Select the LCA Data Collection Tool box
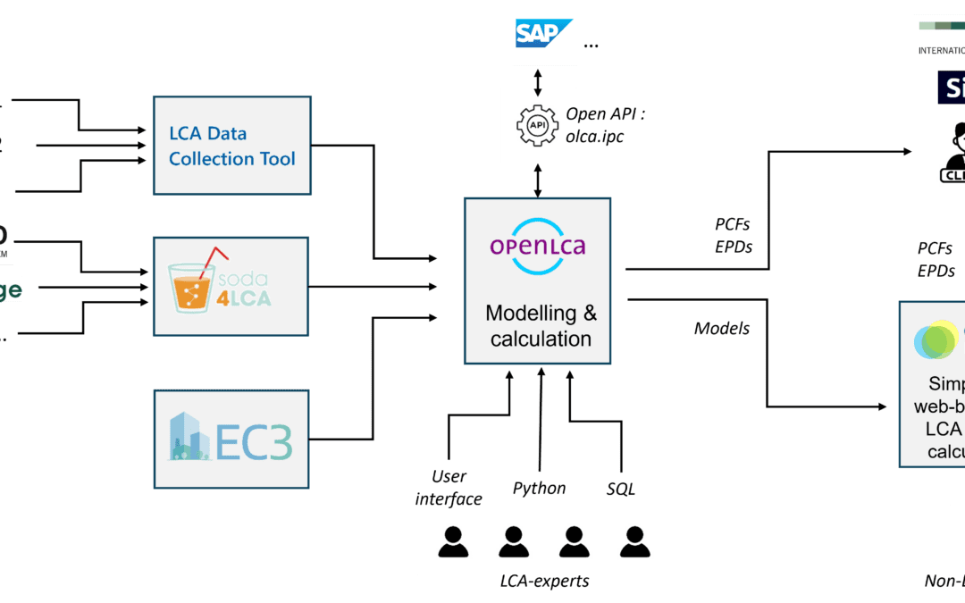[x=232, y=146]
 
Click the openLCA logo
[x=537, y=242]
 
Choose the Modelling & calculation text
[x=541, y=326]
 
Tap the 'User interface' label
[x=449, y=488]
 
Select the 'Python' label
[x=539, y=489]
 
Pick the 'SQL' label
[x=620, y=489]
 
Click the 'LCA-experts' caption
[x=544, y=582]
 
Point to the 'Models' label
[x=722, y=329]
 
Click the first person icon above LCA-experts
[x=453, y=541]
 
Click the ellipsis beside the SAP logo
[x=591, y=44]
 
